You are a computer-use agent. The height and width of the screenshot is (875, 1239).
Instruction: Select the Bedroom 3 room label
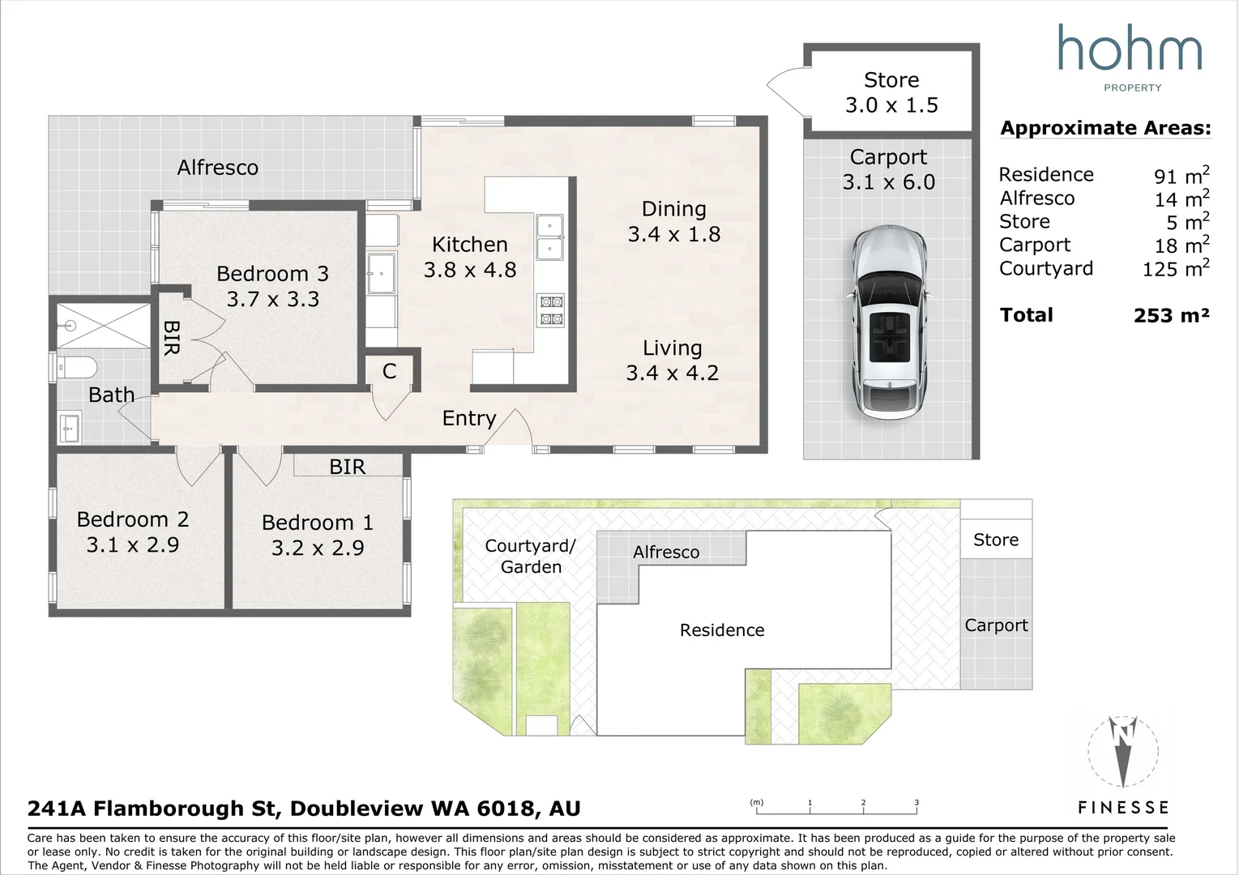(272, 274)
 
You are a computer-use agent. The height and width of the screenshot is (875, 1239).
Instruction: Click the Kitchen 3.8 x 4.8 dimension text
(470, 270)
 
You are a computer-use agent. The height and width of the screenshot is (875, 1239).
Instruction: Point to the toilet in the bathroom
(75, 369)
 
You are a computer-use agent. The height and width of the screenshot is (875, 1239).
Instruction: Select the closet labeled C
(390, 371)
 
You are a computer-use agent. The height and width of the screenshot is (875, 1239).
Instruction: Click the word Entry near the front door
(468, 418)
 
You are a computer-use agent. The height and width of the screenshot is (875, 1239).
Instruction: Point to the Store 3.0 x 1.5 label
(891, 92)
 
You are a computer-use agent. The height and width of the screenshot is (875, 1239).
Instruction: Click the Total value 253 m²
(1171, 315)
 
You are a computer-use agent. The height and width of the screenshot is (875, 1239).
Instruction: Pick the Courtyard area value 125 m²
(1175, 268)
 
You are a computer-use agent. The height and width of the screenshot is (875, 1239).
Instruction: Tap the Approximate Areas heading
(1105, 128)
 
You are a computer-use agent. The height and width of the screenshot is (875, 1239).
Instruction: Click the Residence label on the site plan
(722, 630)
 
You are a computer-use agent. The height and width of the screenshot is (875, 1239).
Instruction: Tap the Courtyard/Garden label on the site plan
(531, 557)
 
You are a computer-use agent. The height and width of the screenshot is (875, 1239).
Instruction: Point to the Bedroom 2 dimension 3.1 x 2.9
(133, 545)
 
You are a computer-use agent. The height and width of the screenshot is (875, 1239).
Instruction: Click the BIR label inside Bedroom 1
(348, 467)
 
